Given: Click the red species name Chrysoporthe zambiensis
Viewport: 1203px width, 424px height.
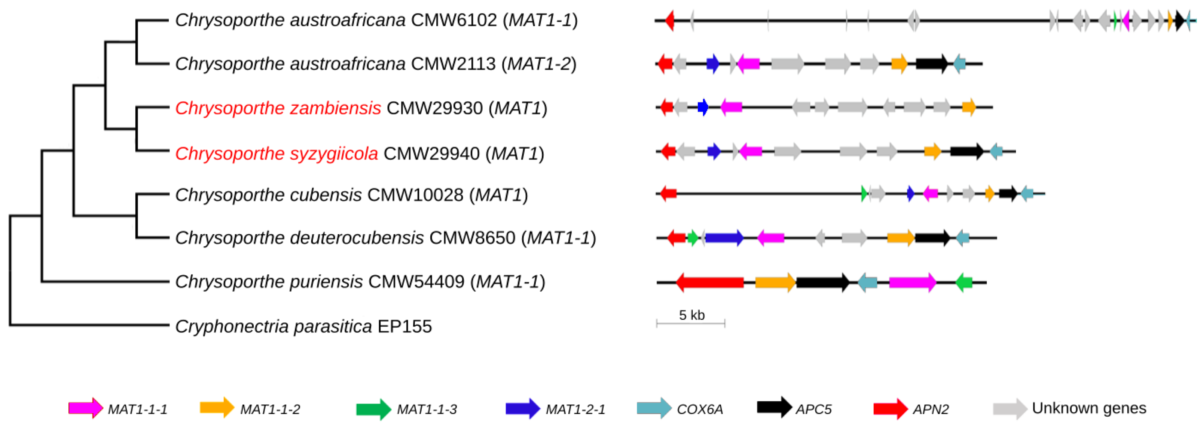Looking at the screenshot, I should click(278, 108).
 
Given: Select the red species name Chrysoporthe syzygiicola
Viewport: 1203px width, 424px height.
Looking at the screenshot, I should click(277, 154).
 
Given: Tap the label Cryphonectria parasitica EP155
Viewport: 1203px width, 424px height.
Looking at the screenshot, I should click(303, 326).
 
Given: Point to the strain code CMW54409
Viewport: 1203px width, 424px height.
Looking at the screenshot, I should click(416, 282).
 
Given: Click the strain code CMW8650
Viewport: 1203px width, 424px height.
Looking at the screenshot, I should click(472, 238).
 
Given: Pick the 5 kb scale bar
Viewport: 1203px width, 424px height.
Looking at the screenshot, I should click(691, 323).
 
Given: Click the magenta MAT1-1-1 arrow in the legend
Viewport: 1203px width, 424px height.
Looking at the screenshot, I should click(85, 408).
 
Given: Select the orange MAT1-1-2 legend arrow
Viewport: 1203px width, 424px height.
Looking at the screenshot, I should click(217, 407).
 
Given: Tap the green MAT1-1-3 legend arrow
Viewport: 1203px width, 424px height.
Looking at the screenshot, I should click(373, 409).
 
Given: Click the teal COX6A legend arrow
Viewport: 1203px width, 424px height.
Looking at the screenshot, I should click(654, 409).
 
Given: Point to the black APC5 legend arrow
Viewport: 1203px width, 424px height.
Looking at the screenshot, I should click(774, 407).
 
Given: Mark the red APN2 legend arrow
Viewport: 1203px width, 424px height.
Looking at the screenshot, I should click(891, 409).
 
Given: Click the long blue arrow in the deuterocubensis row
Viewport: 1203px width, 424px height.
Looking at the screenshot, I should click(724, 238).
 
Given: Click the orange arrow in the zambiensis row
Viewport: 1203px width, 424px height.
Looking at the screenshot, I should click(968, 108).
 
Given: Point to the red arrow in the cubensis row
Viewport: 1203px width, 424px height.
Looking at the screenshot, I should click(668, 193).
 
